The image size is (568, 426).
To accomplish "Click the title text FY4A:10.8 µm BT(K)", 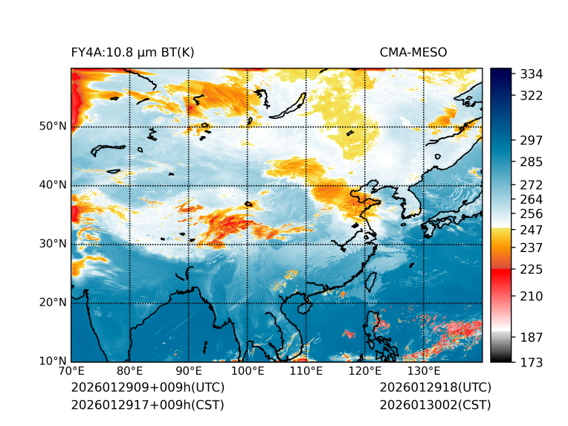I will [x=132, y=52].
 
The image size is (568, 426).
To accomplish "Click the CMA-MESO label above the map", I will [x=413, y=52].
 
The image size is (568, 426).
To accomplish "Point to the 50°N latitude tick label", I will [x=52, y=126].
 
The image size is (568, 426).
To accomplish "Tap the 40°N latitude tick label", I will [x=52, y=185].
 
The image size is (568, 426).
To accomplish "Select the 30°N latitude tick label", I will [x=52, y=244].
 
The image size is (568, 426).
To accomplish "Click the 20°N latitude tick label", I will [x=52, y=303].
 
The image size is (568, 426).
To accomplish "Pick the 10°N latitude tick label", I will [x=52, y=361].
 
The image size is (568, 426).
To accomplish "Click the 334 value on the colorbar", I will [x=532, y=74].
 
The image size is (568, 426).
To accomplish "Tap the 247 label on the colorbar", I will [x=532, y=230].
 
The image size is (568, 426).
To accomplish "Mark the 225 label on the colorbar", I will [x=532, y=269].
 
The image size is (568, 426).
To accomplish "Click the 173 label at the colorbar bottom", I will [x=532, y=362].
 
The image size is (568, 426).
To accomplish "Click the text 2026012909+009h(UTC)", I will [x=147, y=387].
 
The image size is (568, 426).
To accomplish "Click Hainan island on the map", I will [x=303, y=306].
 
